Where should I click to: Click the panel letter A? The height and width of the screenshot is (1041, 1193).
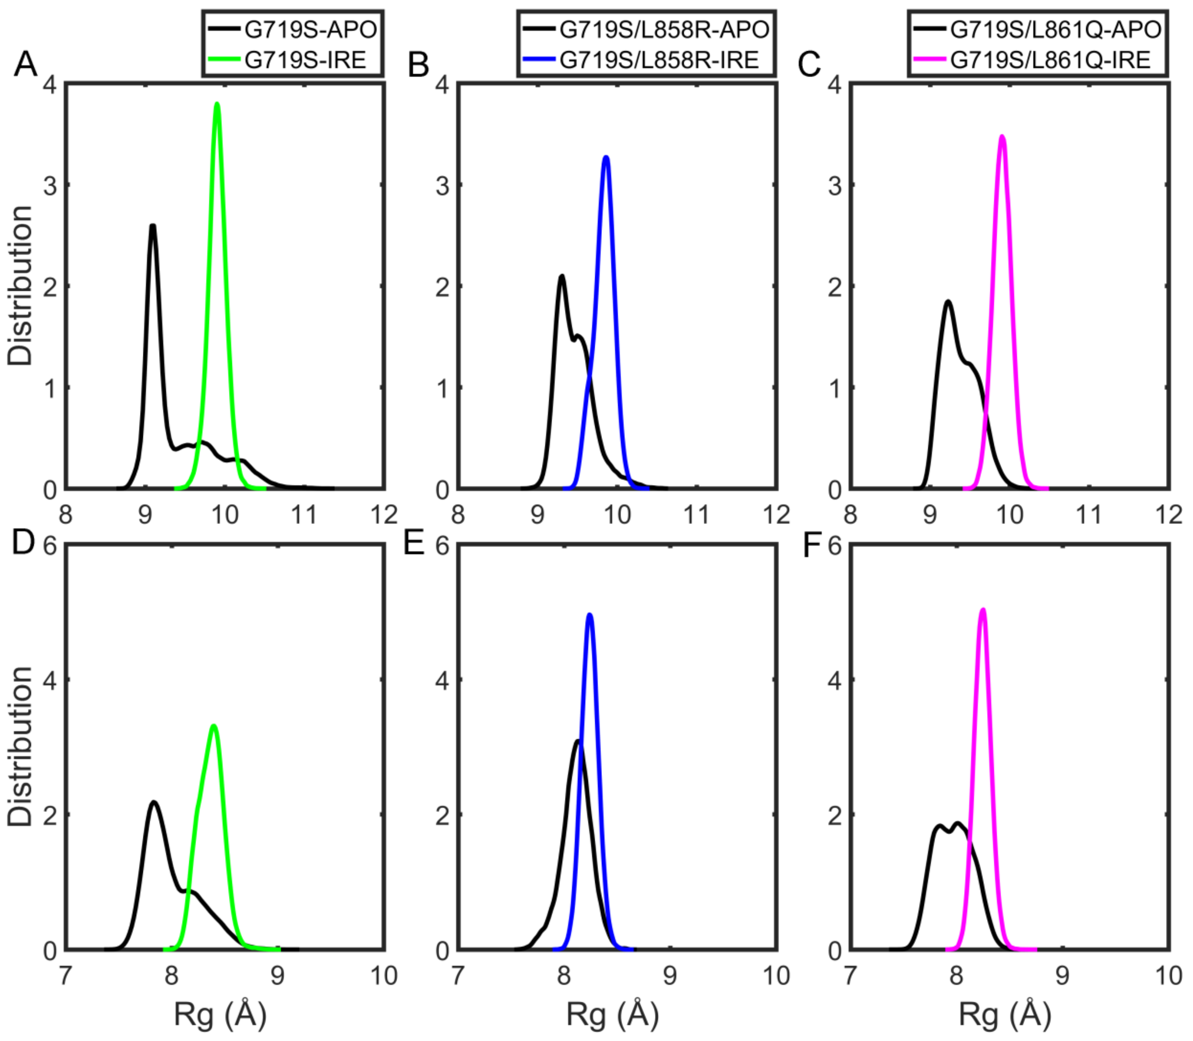(25, 64)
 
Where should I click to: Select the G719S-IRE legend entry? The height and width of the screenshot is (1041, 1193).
(305, 60)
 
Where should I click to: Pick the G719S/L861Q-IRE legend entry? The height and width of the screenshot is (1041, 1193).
(1050, 60)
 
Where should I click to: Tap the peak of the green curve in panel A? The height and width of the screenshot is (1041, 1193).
(217, 105)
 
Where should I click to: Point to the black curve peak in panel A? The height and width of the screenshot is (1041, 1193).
(153, 227)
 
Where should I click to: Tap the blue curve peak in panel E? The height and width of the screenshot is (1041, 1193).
(590, 614)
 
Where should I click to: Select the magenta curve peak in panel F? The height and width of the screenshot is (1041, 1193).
(983, 610)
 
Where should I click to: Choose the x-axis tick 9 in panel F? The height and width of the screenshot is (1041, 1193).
(1062, 975)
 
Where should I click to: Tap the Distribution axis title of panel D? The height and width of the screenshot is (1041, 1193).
(20, 746)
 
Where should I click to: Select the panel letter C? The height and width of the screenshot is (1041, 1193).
(810, 64)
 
